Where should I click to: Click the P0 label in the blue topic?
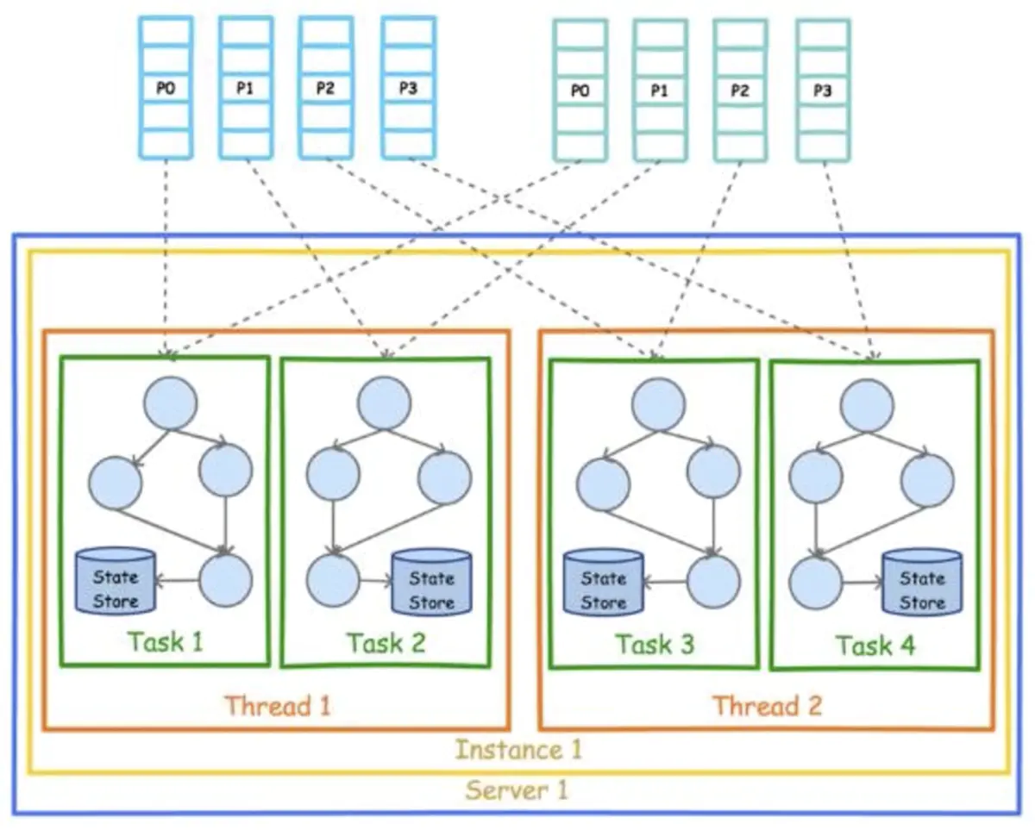[166, 89]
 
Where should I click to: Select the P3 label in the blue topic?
[409, 89]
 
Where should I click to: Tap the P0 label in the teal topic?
[580, 90]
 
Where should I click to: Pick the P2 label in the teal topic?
[740, 90]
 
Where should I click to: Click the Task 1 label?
[165, 642]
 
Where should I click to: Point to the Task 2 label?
[386, 643]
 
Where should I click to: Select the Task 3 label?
[654, 644]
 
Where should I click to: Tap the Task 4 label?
[875, 645]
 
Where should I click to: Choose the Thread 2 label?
[767, 707]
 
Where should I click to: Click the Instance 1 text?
[517, 750]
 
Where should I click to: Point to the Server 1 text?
[517, 789]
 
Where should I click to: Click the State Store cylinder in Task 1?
[116, 582]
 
